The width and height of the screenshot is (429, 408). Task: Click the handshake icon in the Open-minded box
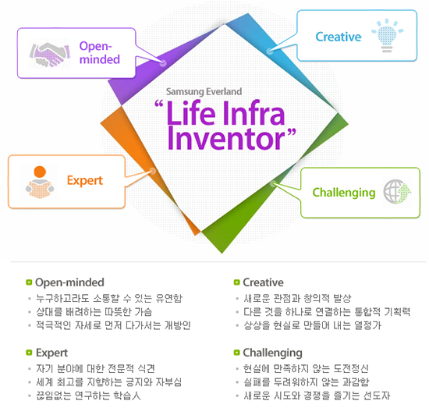coord(49,54)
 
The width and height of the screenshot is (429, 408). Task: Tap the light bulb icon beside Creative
coord(387,36)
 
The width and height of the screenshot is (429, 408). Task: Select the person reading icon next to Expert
coord(40,182)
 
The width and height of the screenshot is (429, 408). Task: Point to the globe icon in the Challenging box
coord(397,192)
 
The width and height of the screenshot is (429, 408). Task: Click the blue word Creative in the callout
coord(339,37)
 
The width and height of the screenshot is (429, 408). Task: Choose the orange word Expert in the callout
coord(85,181)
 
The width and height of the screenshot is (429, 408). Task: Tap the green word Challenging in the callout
coord(344,193)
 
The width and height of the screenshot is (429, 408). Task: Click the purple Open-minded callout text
coord(100,52)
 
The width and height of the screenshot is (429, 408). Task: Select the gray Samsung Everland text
coord(204,91)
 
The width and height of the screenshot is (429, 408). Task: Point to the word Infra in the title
coord(254,113)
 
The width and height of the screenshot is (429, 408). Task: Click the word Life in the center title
coord(190,113)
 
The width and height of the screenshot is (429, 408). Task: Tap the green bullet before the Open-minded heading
coord(29,282)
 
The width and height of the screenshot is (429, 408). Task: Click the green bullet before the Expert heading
coord(29,353)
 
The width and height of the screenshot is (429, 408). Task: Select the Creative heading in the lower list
coord(263,282)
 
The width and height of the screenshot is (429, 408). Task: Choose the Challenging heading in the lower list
coord(272,353)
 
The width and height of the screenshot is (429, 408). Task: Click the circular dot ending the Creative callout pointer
coord(270,51)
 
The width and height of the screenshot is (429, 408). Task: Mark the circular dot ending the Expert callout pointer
coord(153,172)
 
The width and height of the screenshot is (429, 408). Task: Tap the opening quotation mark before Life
coord(159,105)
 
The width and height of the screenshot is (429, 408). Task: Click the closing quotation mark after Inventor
coord(291,133)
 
